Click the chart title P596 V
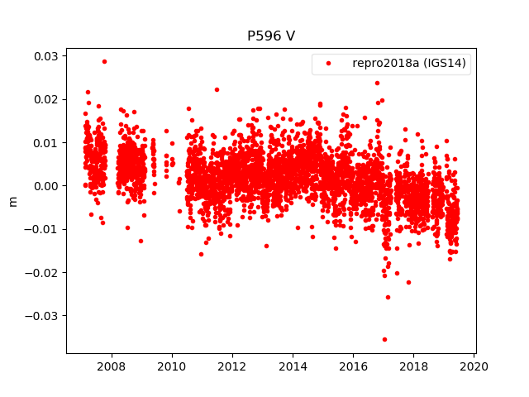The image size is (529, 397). point(271,36)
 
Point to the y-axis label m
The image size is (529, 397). point(12,201)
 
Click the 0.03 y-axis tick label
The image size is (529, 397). point(45,56)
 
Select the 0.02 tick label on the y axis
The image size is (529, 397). point(45,99)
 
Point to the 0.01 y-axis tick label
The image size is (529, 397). point(45,142)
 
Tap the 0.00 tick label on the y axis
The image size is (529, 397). point(45,186)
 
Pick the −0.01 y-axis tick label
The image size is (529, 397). point(42,229)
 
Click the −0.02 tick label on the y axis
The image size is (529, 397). point(42,272)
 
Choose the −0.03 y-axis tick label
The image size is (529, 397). point(42,315)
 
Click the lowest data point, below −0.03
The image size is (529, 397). point(384,339)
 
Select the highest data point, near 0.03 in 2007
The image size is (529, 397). point(104,61)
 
